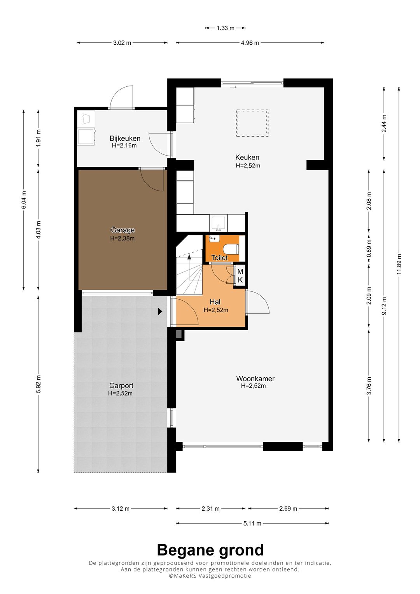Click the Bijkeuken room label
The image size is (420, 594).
point(125,138)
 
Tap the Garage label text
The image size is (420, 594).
point(123,230)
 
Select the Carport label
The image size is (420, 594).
point(121,385)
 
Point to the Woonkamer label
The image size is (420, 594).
point(255,378)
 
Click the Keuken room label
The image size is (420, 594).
point(247,157)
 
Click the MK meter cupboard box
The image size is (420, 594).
point(240,275)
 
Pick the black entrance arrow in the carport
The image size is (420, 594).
point(160,311)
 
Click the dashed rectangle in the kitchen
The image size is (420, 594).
point(252,123)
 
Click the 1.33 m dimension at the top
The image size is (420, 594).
point(226,28)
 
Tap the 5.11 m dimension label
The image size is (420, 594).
point(252,523)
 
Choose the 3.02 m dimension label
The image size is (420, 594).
point(122,43)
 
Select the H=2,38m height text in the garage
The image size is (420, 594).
point(122,238)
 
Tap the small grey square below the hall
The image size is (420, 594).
point(179,334)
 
